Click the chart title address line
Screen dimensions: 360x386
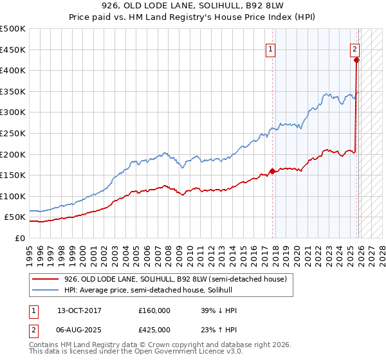coord(193,6)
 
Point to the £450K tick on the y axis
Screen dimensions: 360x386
coord(13,50)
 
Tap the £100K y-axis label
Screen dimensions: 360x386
coord(13,196)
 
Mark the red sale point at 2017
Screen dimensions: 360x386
coord(272,171)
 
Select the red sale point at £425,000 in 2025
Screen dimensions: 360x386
coord(356,60)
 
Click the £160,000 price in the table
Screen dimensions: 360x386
coord(154,310)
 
